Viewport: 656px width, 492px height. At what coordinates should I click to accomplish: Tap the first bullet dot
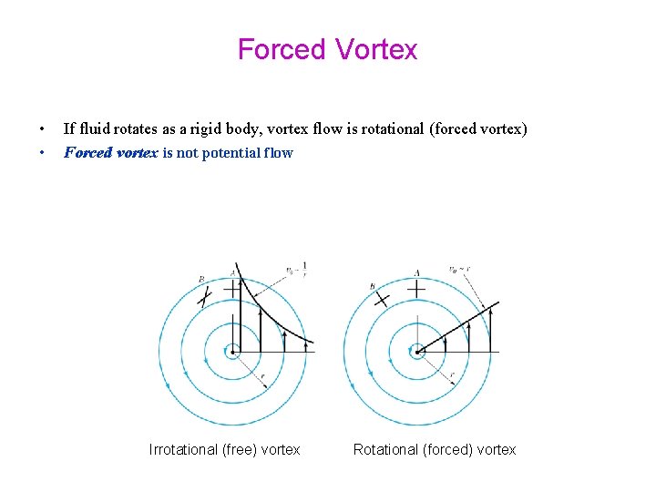pos(41,129)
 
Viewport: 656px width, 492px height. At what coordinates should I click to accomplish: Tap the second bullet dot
pos(41,153)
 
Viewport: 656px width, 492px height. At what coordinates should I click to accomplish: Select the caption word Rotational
pos(385,449)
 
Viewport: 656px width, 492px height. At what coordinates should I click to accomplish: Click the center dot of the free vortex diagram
pos(234,351)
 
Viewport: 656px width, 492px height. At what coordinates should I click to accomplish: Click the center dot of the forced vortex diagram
pos(416,351)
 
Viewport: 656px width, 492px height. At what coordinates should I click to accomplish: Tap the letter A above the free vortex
pos(234,272)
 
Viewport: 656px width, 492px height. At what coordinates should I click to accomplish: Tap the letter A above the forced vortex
pos(416,272)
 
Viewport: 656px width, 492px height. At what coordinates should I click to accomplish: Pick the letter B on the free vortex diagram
pos(201,279)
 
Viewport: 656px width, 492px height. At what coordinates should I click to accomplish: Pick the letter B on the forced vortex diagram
pos(373,286)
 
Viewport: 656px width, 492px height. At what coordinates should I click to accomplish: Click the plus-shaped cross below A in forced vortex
pos(416,289)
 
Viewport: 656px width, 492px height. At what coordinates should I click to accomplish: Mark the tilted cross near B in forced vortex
pos(382,298)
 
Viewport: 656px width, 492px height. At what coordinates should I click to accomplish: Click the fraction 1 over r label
pos(303,268)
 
